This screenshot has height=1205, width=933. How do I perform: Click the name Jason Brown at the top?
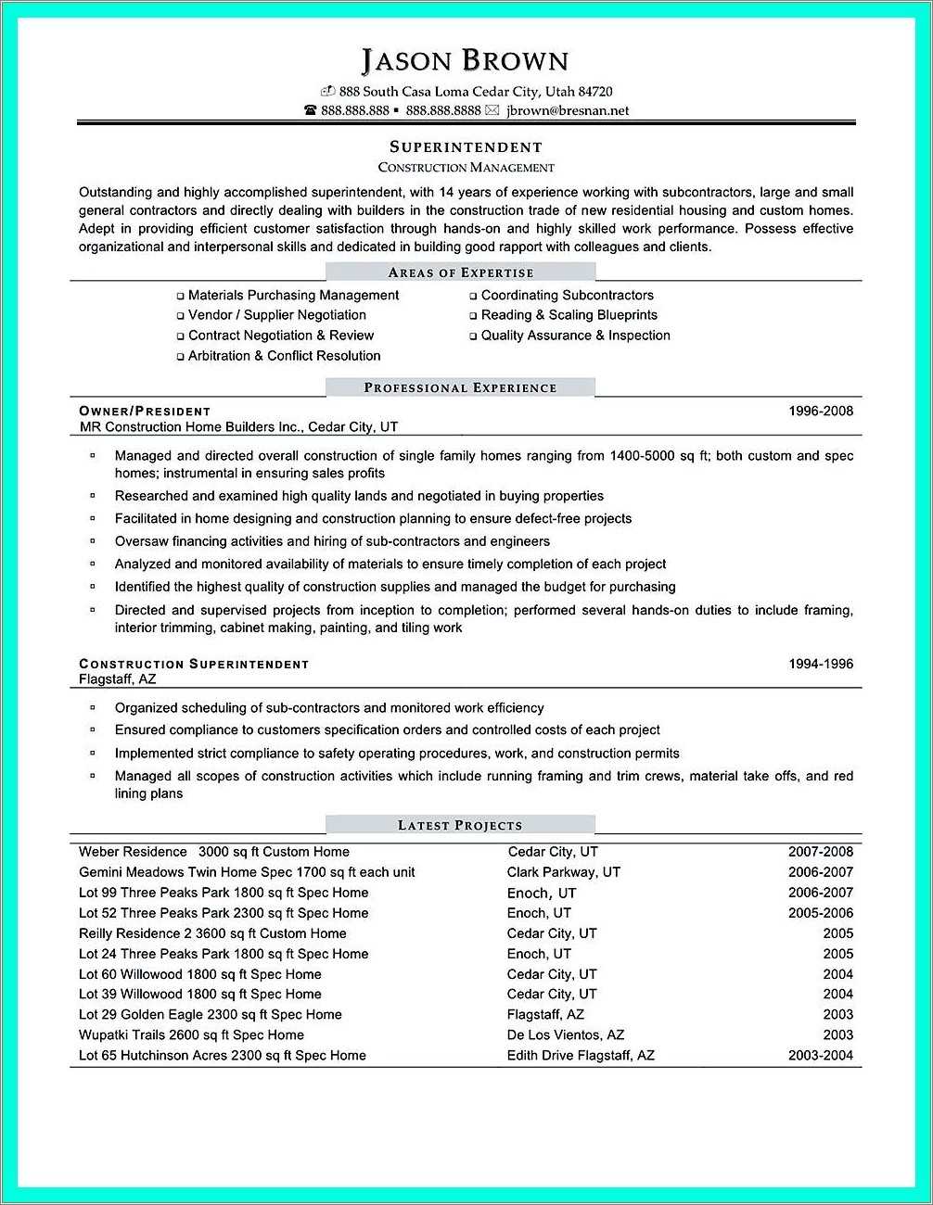click(465, 61)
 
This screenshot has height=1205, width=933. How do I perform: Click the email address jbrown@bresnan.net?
click(567, 110)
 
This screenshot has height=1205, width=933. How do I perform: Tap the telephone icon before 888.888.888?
click(311, 110)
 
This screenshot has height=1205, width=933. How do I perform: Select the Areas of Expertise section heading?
click(460, 273)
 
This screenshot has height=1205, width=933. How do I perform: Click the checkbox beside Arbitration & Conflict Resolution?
click(181, 357)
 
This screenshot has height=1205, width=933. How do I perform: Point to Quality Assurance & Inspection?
click(575, 336)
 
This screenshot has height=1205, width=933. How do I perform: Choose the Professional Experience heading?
click(460, 387)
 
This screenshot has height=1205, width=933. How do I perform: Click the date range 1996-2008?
click(820, 411)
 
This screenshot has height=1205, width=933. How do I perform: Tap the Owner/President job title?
click(145, 411)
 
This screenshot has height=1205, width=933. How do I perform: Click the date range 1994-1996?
click(820, 664)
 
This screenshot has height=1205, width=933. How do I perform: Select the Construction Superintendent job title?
click(194, 664)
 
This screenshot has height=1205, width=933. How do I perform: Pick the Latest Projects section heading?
click(460, 825)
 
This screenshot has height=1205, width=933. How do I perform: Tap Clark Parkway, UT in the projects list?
click(563, 872)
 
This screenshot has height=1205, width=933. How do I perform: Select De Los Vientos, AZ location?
click(565, 1034)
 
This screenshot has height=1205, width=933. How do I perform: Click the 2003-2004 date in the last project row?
click(820, 1055)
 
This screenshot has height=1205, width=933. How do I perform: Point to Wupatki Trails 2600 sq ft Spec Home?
click(191, 1034)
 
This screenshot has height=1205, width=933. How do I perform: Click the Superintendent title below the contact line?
click(466, 146)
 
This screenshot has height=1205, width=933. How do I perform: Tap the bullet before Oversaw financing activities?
click(93, 540)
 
